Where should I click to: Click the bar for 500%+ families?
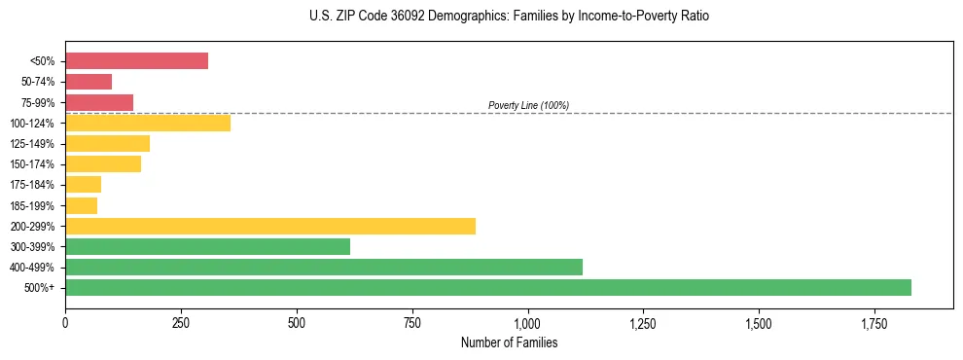(487, 287)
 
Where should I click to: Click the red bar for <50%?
(136, 61)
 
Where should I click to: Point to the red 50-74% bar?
(89, 82)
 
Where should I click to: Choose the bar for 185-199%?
(81, 205)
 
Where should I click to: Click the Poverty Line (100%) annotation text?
(528, 105)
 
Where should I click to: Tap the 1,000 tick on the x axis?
(527, 323)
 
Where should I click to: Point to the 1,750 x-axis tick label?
(758, 323)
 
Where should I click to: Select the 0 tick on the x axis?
(65, 323)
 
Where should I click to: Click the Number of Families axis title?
(509, 342)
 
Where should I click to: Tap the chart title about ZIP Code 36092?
(509, 18)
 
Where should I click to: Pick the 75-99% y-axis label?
(38, 103)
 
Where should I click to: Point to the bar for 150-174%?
(103, 164)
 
